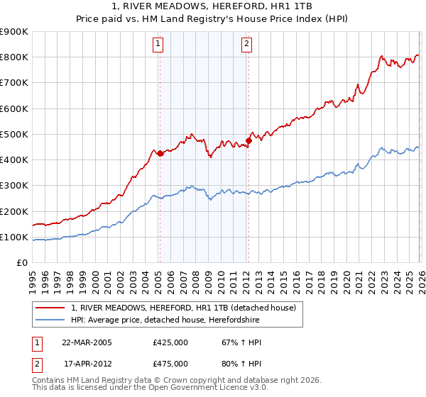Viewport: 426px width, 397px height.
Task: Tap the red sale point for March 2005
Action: point(160,153)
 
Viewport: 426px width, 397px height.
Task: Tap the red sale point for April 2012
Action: point(248,140)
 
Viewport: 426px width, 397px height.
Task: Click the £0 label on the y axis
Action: point(21,263)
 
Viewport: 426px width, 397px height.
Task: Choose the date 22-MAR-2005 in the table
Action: point(87,342)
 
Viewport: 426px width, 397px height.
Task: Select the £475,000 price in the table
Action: point(170,364)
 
